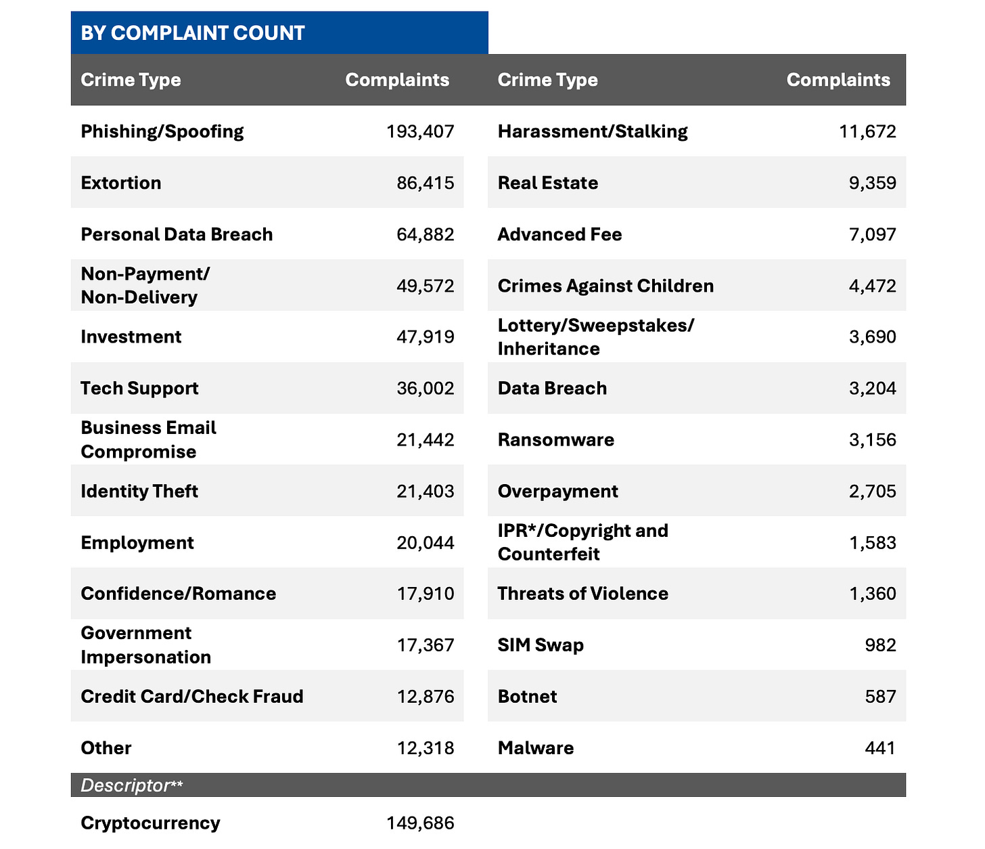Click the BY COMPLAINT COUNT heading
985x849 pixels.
(x=193, y=33)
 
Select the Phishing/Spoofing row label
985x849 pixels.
(x=162, y=131)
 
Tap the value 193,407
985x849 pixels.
(x=420, y=131)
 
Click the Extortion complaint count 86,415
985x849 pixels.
(x=426, y=183)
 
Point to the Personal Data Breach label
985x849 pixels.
(x=177, y=234)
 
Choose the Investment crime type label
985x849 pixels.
(x=131, y=337)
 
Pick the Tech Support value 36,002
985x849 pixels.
(x=426, y=389)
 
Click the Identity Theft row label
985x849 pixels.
(x=139, y=491)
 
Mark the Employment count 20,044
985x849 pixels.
(x=426, y=543)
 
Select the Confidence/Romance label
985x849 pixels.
(x=179, y=594)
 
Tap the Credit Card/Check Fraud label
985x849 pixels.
(x=192, y=697)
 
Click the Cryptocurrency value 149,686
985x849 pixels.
(x=420, y=823)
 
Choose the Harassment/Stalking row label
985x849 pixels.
(x=593, y=131)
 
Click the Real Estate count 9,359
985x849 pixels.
(x=873, y=183)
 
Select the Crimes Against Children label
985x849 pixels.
(x=605, y=286)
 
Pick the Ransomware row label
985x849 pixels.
(x=556, y=440)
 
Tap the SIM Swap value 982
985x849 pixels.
(x=880, y=645)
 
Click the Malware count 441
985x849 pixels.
(x=880, y=748)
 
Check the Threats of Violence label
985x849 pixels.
(x=583, y=594)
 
